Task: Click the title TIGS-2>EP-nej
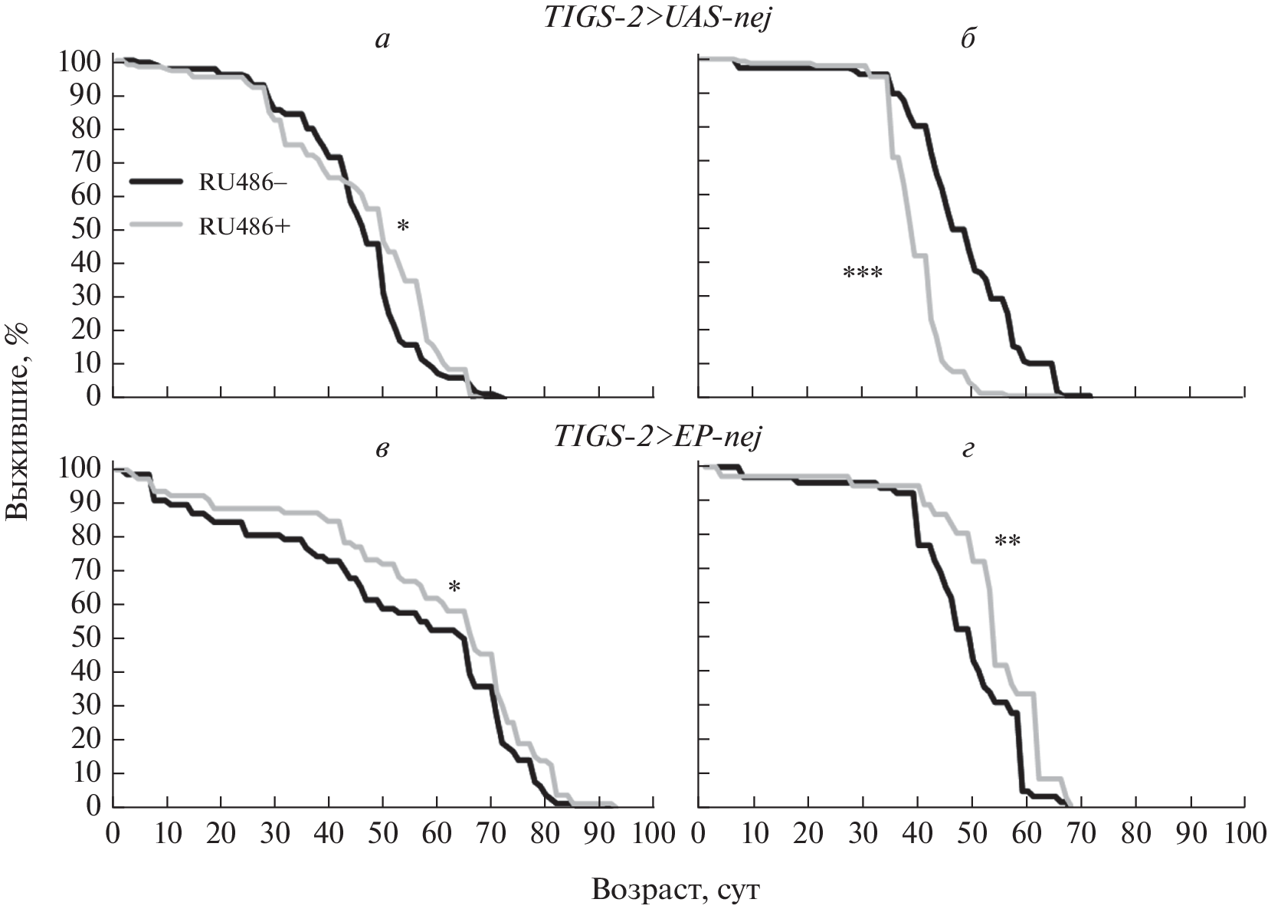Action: pyautogui.click(x=657, y=438)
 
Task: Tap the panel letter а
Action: pyautogui.click(x=382, y=41)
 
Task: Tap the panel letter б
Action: pyautogui.click(x=968, y=41)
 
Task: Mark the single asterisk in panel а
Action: pyautogui.click(x=403, y=227)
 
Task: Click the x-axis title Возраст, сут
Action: pyautogui.click(x=679, y=889)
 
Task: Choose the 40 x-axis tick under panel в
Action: pyautogui.click(x=329, y=834)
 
